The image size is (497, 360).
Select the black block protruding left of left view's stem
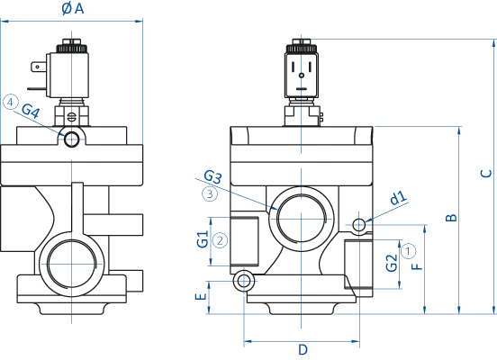(40, 68)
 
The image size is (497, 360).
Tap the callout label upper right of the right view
(393, 199)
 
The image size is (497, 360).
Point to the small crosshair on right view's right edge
(359, 226)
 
